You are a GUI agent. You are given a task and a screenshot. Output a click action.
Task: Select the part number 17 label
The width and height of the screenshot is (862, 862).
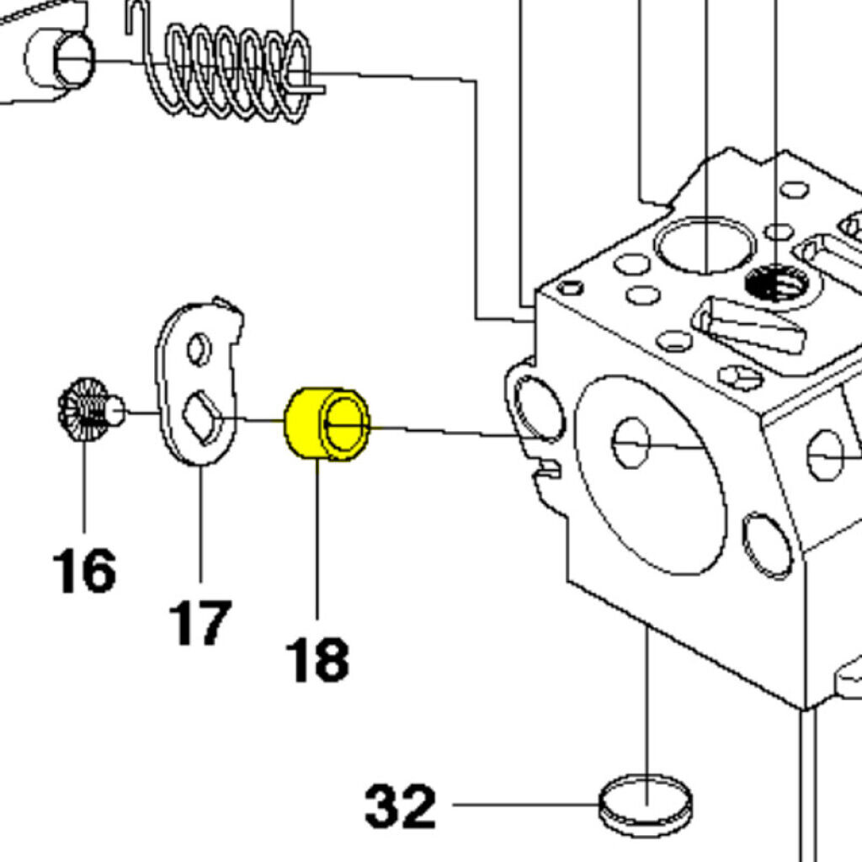pos(200,622)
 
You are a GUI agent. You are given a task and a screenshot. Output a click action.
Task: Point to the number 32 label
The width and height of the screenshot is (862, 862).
pos(401,806)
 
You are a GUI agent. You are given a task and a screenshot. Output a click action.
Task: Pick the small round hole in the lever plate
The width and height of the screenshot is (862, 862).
pos(199,349)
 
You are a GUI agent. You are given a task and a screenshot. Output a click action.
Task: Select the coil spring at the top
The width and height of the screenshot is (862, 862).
pos(227,72)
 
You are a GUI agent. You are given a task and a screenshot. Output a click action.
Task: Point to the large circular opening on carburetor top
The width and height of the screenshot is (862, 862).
pos(705,245)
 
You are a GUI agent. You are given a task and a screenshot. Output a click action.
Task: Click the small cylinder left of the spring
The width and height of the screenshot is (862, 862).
pos(59,59)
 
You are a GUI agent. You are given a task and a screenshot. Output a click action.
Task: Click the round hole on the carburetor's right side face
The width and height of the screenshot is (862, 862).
pos(825,455)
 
